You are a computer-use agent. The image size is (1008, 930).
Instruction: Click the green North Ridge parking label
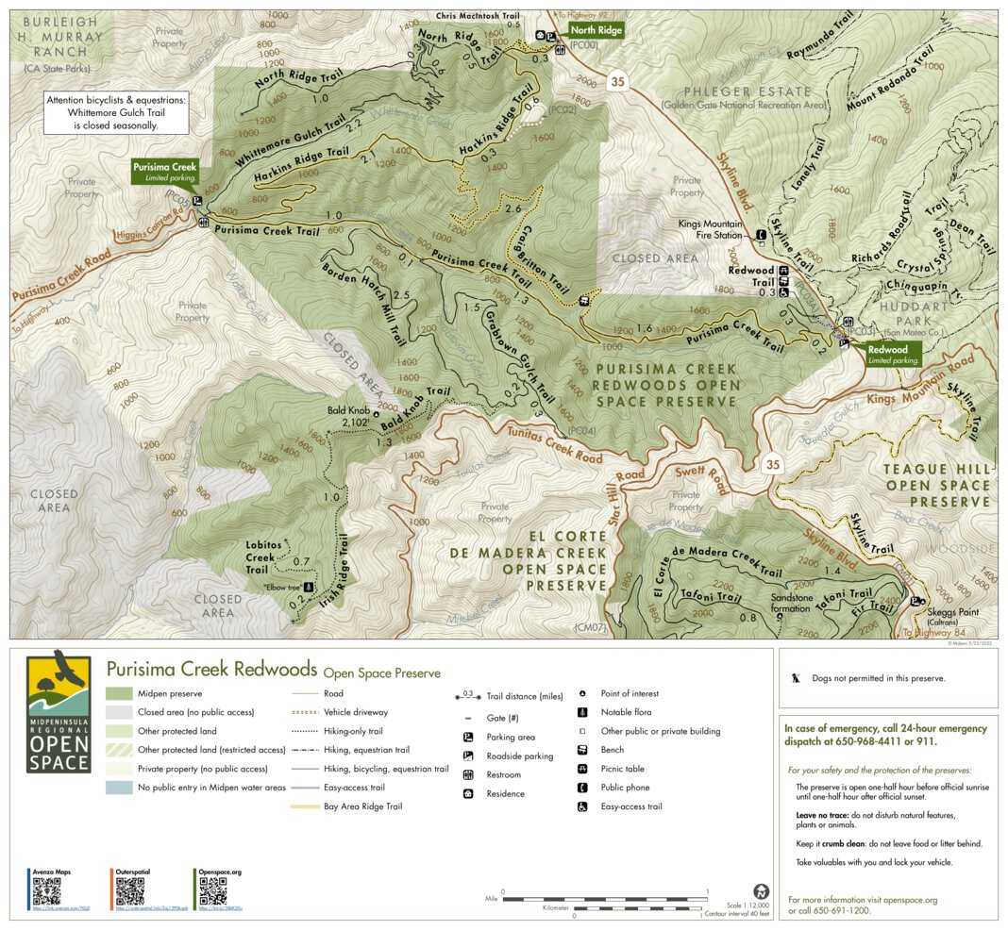point(596,30)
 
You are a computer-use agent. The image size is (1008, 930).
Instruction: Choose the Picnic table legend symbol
point(582,769)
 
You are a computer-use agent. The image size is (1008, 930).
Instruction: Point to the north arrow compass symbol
point(760,891)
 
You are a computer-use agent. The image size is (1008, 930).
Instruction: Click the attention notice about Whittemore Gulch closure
point(116,111)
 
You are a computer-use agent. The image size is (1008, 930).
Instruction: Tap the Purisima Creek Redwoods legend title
point(211,670)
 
